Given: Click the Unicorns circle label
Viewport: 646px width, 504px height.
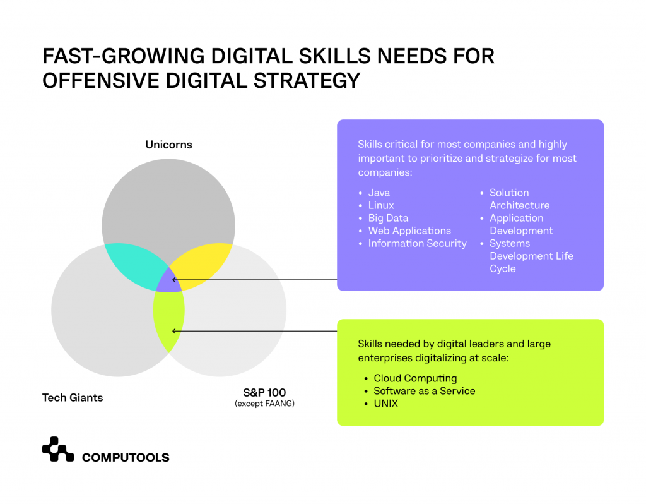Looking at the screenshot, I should coord(168,145).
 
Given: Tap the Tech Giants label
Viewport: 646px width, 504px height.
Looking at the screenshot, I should coord(73,397).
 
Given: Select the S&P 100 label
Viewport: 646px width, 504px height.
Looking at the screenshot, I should coord(264,392).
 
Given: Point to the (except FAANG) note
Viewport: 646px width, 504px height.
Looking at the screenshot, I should coord(264,404).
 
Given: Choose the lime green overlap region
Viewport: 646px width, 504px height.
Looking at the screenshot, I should coord(168,319).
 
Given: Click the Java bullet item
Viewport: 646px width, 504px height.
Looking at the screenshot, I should coord(379,193).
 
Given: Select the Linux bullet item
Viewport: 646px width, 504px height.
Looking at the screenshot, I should coord(380,205).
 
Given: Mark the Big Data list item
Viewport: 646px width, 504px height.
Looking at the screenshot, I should coord(388,218).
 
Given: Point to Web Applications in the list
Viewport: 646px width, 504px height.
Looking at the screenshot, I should coord(409,231).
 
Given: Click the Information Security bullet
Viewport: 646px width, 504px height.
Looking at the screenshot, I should coord(417,243).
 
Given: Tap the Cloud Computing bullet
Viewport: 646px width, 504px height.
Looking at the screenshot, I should coord(415,378).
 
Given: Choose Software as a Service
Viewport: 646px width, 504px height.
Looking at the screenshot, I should coord(424,391).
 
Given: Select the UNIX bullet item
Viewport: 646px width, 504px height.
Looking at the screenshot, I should coord(385,403).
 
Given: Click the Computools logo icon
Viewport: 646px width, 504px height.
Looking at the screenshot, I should coord(58,449).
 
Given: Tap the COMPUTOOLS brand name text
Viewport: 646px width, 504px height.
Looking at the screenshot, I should coord(126,457).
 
